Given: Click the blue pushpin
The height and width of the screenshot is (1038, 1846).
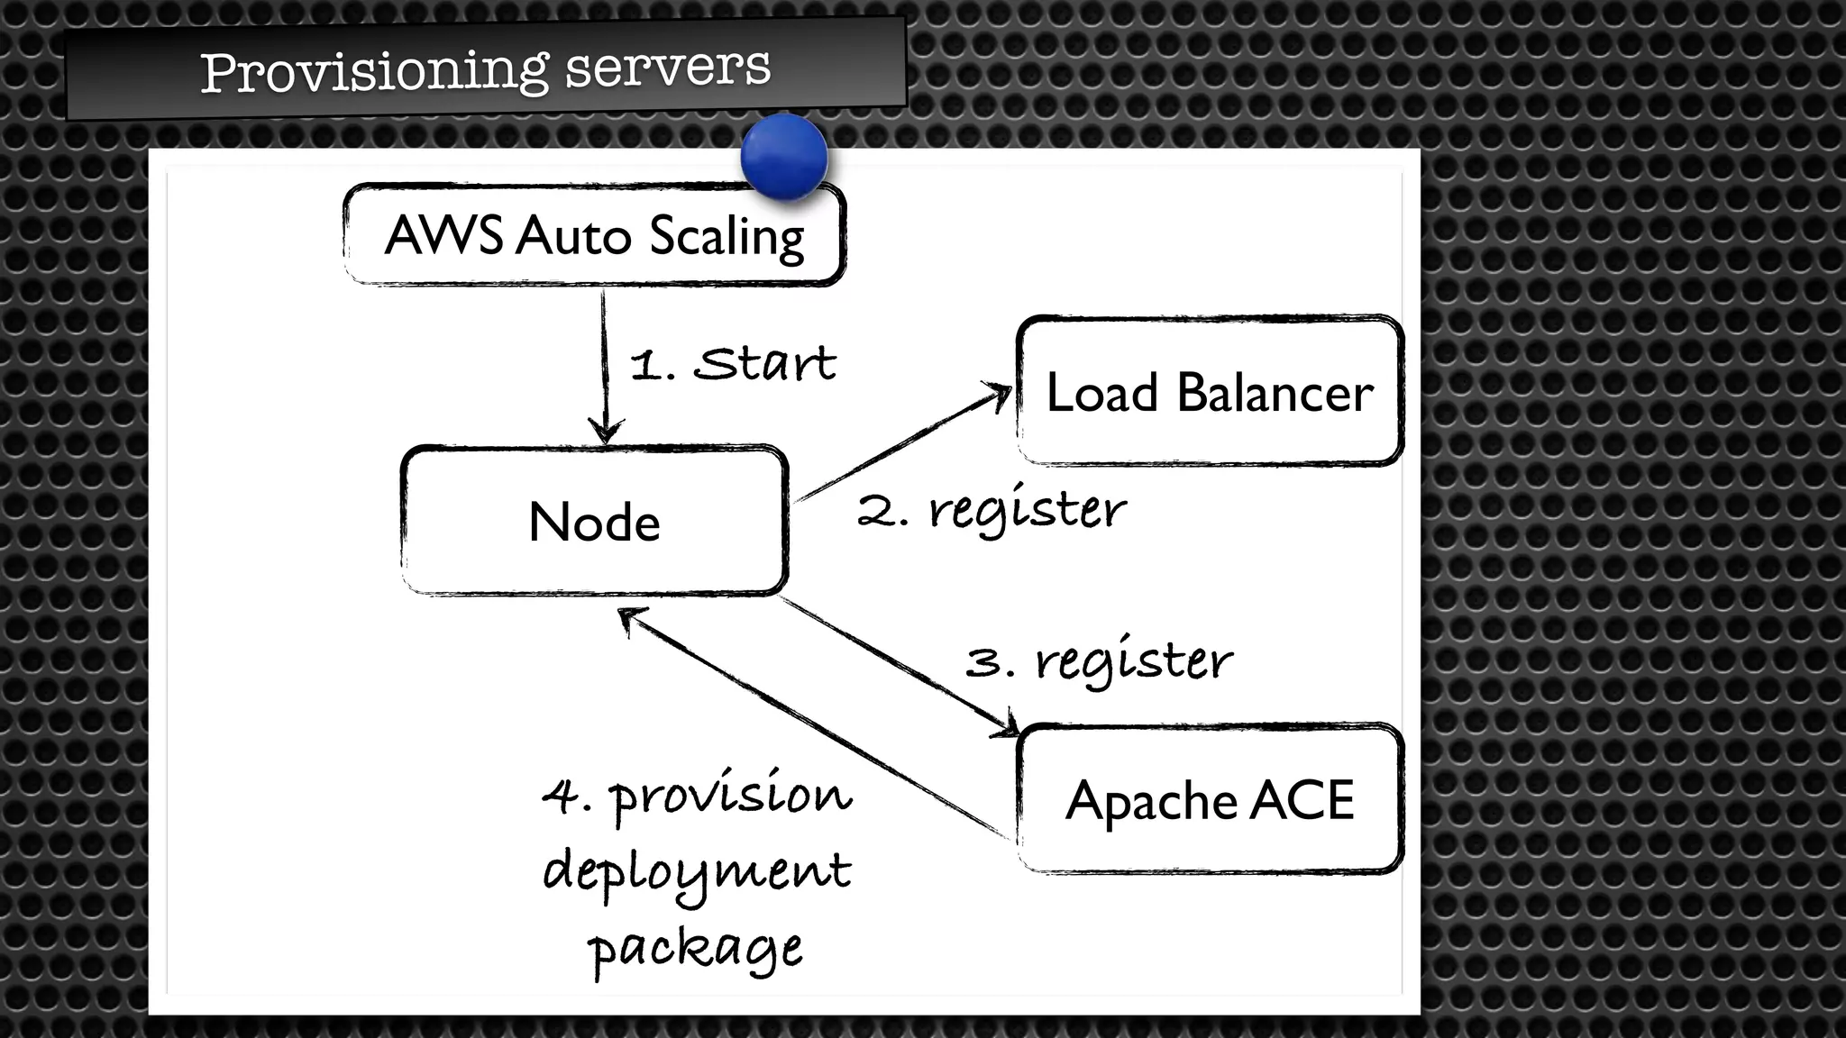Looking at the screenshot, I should [783, 156].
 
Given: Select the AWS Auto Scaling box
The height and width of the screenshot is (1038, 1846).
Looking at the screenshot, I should [594, 235].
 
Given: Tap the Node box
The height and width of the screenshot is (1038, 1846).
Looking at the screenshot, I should [594, 521].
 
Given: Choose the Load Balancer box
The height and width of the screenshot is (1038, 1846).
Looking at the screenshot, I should [1210, 392].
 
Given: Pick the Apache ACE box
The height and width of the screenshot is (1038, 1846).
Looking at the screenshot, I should [1210, 799].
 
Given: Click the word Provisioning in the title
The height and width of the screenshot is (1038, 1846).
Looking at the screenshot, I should [373, 71].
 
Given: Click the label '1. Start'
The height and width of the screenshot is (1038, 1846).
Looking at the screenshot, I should [733, 365].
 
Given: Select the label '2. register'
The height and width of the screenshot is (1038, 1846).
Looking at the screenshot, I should [992, 511].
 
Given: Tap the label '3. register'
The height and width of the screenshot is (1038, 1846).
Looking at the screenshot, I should [1099, 662].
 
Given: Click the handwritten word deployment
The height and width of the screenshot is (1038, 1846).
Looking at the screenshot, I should [697, 871].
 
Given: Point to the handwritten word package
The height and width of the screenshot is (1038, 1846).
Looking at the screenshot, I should [695, 949].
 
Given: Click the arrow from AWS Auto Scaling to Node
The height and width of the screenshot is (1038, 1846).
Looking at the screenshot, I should [605, 360].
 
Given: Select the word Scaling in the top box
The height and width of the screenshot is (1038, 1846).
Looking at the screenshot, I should [726, 237].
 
